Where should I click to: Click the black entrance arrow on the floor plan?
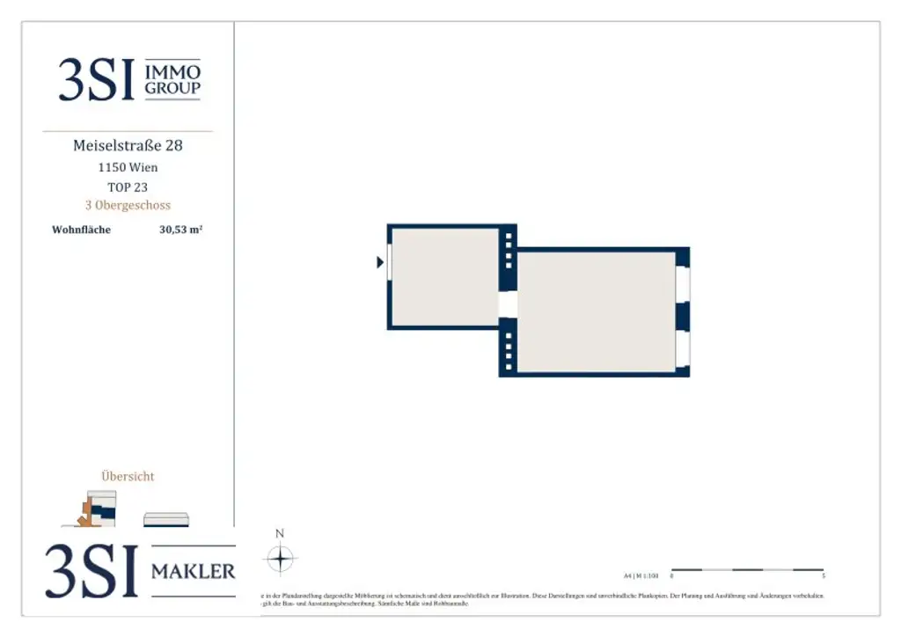pyautogui.click(x=380, y=262)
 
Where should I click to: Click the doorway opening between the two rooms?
pyautogui.click(x=508, y=304)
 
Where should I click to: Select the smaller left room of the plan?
pyautogui.click(x=444, y=277)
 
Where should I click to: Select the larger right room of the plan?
pyautogui.click(x=596, y=311)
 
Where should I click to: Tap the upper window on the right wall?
pyautogui.click(x=682, y=283)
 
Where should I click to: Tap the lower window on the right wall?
pyautogui.click(x=682, y=349)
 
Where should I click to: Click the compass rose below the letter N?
pyautogui.click(x=280, y=559)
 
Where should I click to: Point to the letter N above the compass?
pyautogui.click(x=280, y=533)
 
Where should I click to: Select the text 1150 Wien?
pyautogui.click(x=128, y=167)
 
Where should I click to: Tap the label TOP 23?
pyautogui.click(x=128, y=187)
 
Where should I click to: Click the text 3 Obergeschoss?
pyautogui.click(x=128, y=205)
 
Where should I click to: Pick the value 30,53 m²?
pyautogui.click(x=181, y=231)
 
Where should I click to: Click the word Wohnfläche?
pyautogui.click(x=81, y=231)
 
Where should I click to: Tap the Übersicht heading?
pyautogui.click(x=128, y=476)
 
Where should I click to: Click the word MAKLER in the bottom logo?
pyautogui.click(x=194, y=572)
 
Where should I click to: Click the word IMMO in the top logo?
pyautogui.click(x=172, y=71)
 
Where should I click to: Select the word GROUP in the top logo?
pyautogui.click(x=172, y=88)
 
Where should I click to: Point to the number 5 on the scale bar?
pyautogui.click(x=823, y=577)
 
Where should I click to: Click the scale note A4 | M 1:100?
pyautogui.click(x=641, y=576)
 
